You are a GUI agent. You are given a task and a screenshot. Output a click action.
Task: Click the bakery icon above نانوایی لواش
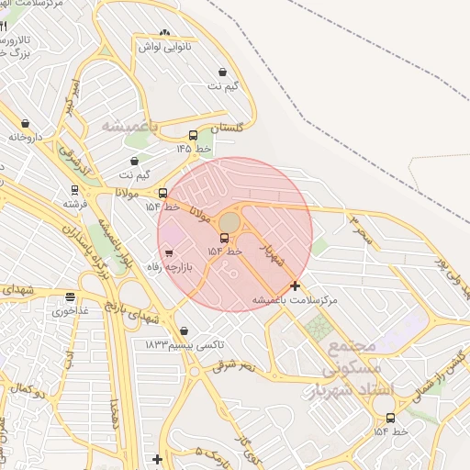164,34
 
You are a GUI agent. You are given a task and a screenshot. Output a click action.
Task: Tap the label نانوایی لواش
163,47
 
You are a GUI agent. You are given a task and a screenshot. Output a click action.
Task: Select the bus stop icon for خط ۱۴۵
192,135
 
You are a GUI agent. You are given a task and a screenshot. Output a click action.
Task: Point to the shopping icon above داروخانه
25,123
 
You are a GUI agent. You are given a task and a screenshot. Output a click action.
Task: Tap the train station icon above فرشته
74,190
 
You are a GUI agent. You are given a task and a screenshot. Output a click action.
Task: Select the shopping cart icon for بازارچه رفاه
168,253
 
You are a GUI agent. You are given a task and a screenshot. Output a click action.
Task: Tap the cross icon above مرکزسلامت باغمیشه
295,285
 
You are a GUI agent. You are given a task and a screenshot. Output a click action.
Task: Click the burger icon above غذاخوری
70,297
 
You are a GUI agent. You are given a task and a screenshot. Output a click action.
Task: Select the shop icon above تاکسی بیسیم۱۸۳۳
185,330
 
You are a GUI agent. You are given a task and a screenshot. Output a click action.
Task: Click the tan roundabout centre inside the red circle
229,222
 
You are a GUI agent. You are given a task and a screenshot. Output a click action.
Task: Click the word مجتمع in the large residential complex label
352,347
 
